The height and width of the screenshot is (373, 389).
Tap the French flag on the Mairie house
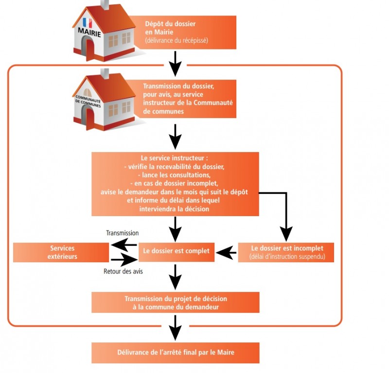tap(88, 22)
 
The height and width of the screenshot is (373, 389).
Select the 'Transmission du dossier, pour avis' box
tap(188, 99)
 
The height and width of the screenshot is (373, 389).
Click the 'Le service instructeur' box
tap(175, 184)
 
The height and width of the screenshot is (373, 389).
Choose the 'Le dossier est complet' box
tap(176, 252)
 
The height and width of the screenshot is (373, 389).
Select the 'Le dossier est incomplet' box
tap(286, 252)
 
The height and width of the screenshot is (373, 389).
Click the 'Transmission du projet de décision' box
tap(175, 303)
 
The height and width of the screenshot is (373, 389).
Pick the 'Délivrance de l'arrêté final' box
tap(175, 353)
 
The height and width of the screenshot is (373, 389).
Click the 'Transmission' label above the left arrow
tap(123, 233)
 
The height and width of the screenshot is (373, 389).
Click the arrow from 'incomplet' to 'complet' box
tap(226, 252)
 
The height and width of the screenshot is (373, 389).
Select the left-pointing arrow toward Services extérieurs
tap(124, 244)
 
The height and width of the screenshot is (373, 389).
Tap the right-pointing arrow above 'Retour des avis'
tap(124, 260)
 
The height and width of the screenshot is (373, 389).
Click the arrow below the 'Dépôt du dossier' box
tap(175, 61)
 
